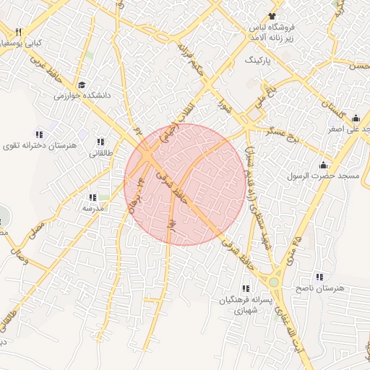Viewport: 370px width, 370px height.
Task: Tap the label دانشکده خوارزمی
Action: [81, 95]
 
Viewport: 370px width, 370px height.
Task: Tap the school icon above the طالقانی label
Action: [99, 142]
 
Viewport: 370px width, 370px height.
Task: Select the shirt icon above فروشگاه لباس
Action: [272, 16]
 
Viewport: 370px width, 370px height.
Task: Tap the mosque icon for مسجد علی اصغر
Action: [355, 119]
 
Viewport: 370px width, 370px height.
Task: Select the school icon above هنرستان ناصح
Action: [319, 277]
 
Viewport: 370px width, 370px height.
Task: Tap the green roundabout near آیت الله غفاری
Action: [275, 280]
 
